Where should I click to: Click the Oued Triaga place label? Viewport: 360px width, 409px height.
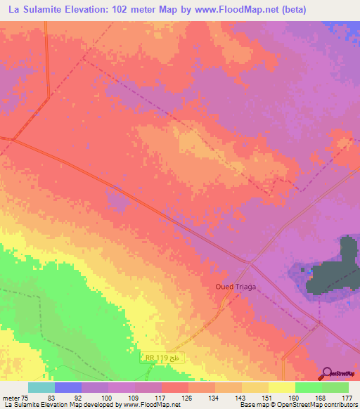(x=236, y=287)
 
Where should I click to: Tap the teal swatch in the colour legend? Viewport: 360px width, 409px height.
(x=41, y=387)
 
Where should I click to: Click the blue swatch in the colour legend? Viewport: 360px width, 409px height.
(x=67, y=387)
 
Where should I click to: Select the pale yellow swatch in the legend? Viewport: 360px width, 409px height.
(x=281, y=387)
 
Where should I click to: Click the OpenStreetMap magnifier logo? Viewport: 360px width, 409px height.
(x=326, y=373)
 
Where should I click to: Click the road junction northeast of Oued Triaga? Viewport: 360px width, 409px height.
(x=249, y=261)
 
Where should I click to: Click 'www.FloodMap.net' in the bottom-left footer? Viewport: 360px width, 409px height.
(x=150, y=405)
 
